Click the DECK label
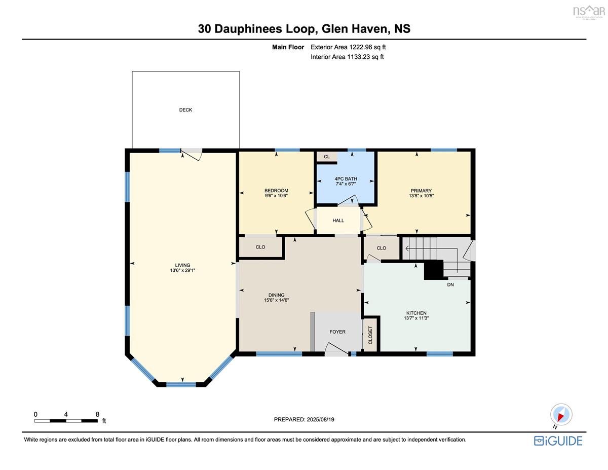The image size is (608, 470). [185, 110]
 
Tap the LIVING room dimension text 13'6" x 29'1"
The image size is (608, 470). [182, 270]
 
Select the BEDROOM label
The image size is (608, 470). [276, 191]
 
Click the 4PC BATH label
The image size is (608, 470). [346, 179]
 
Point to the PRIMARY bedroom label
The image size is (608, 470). [421, 191]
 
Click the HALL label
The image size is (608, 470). [338, 221]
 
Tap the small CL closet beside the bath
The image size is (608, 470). [327, 157]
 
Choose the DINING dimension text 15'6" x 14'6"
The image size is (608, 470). [276, 300]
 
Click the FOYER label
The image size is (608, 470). [337, 332]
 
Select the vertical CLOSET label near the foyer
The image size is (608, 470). [370, 335]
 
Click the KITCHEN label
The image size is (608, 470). [416, 313]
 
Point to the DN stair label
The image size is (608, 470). [450, 285]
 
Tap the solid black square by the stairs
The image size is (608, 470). [434, 270]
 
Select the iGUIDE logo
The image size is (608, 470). [558, 441]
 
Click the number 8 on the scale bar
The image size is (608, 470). [97, 414]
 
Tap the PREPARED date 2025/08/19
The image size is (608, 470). [320, 419]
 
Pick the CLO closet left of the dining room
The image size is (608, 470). [260, 247]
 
